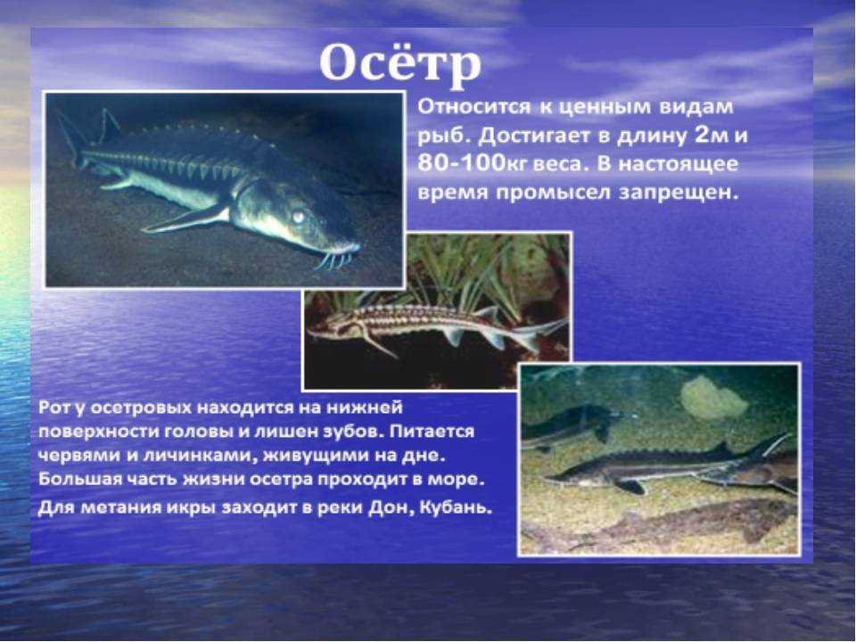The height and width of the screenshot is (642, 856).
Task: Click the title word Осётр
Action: click(x=400, y=63)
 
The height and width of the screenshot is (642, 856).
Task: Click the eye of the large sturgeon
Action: click(x=298, y=217)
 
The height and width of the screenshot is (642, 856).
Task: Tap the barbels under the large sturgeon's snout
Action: click(x=336, y=259)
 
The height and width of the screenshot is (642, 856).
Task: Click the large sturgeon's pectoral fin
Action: click(x=185, y=218)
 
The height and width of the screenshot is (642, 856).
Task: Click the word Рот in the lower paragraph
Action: click(x=53, y=407)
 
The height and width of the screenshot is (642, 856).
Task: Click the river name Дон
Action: click(x=386, y=508)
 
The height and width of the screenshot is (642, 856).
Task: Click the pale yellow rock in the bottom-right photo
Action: click(x=713, y=397)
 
